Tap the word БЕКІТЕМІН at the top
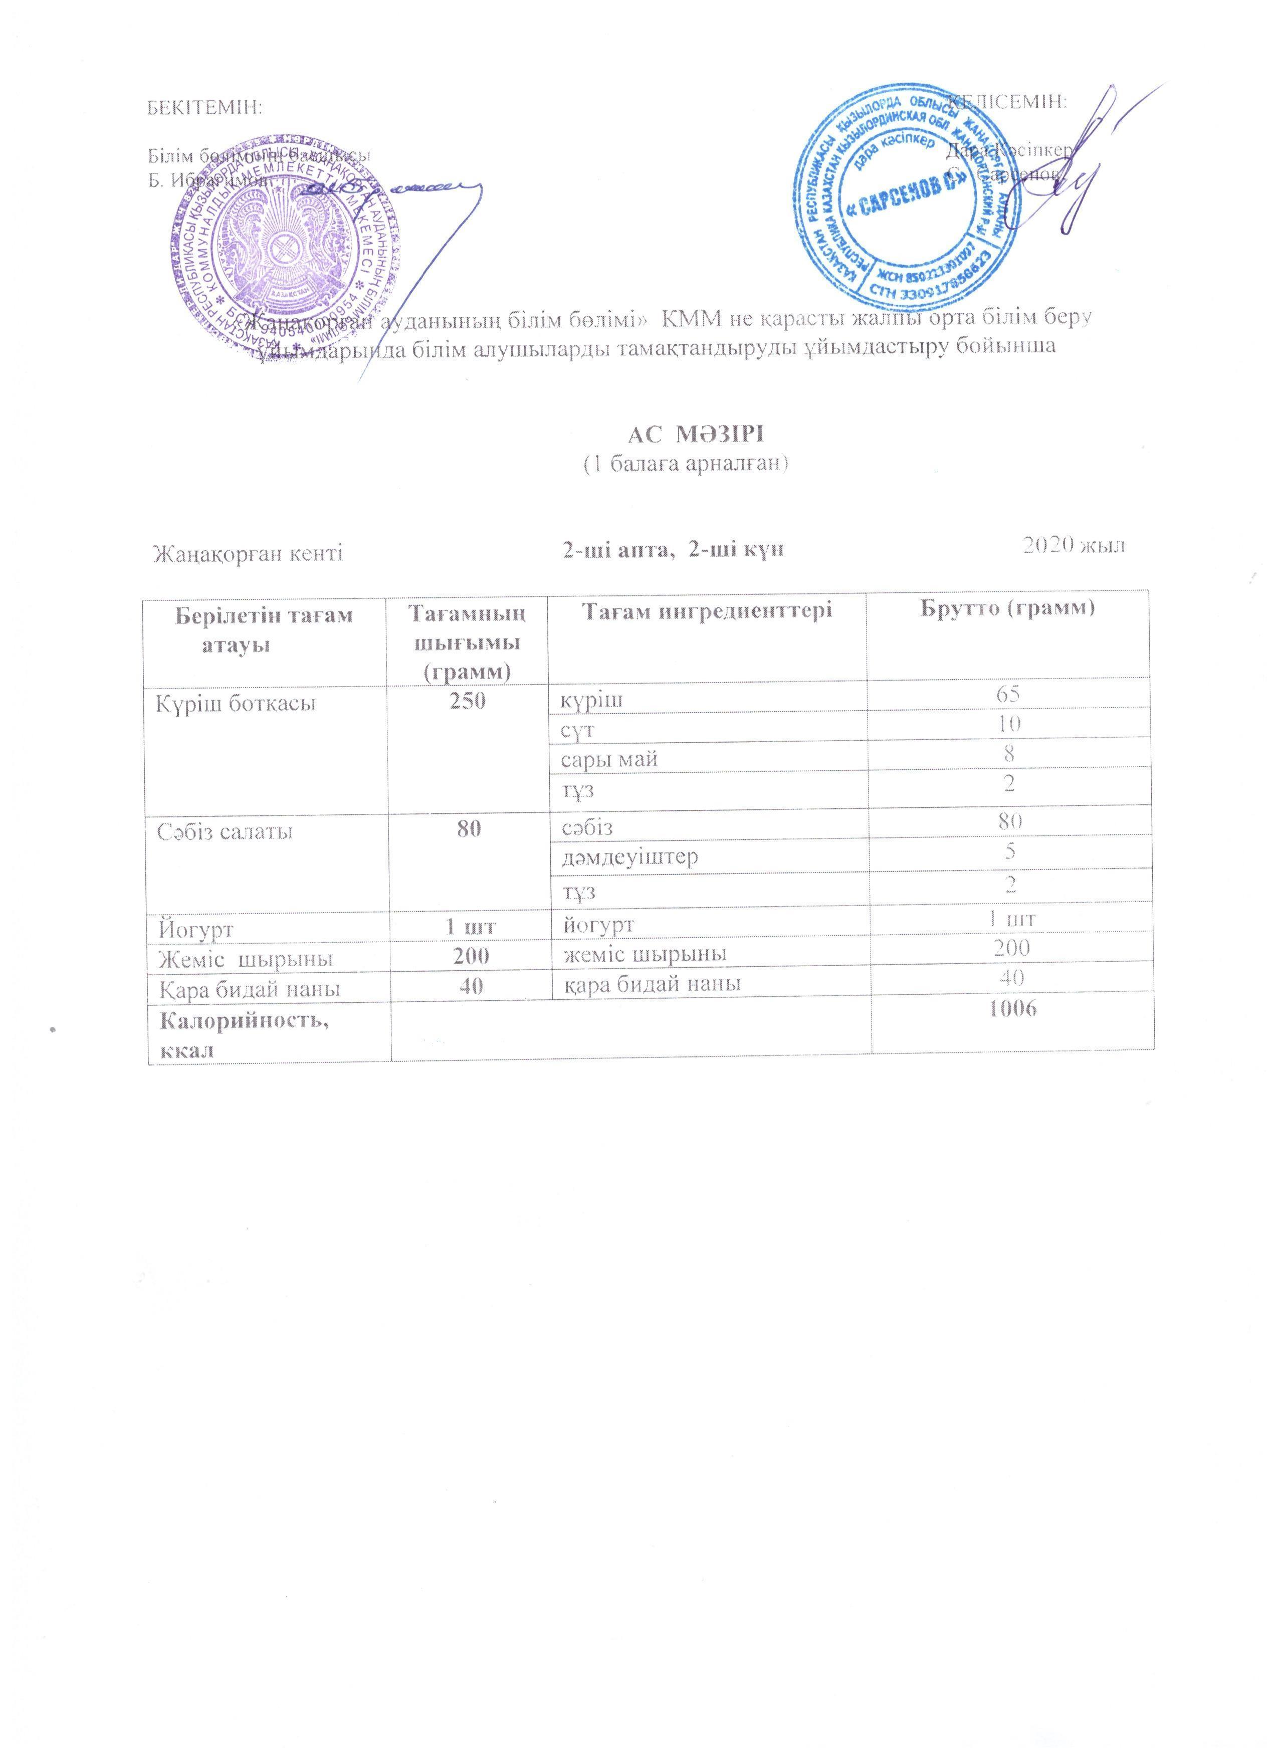(205, 107)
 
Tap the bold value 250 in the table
(469, 701)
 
